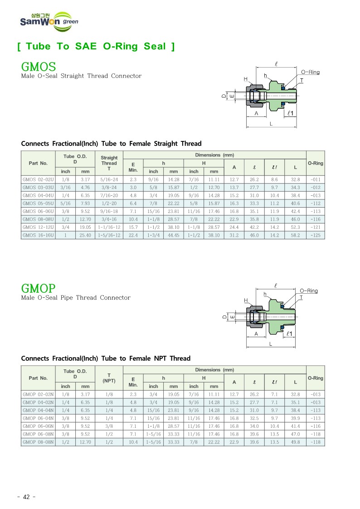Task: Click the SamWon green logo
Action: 48,21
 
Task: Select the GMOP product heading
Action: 39,289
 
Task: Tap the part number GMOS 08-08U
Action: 38,218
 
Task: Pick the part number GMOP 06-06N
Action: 38,426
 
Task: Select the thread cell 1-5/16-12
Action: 109,235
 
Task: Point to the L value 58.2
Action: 295,235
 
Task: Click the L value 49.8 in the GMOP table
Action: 295,442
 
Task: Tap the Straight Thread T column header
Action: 109,163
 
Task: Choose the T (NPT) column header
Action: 109,378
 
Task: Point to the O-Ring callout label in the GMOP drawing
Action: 309,291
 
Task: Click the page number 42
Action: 26,497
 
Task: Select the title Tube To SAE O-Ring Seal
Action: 96,46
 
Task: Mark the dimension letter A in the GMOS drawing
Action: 257,113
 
